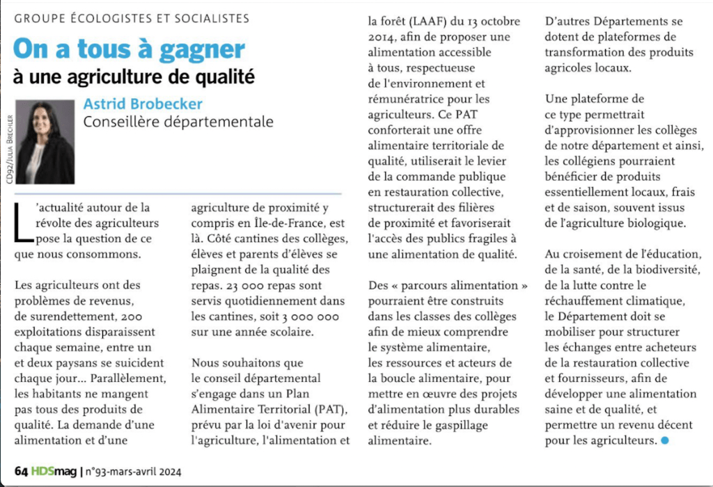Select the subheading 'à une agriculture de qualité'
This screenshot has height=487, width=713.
pos(134,76)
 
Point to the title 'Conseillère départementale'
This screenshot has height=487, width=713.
pos(178,122)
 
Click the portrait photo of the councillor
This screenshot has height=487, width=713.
pos(45,142)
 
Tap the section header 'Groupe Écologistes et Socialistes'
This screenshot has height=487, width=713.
pos(132,19)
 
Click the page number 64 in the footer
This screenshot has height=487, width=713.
pos(21,472)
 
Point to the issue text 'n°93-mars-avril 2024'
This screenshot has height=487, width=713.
pos(133,472)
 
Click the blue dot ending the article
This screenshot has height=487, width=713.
pos(664,440)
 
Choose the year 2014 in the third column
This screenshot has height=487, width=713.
pos(382,36)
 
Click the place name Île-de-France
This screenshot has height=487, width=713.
pos(279,223)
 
